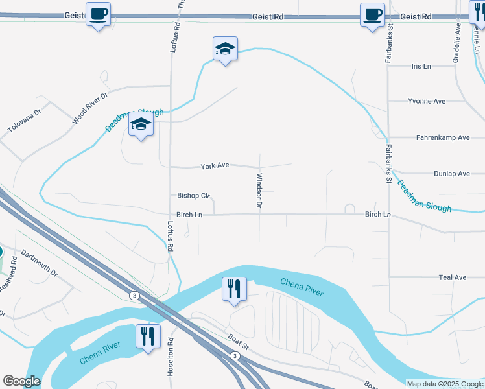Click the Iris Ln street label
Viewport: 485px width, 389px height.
421,66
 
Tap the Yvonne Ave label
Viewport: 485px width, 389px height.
426,101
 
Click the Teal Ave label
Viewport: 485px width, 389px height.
453,277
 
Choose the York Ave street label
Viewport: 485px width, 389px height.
215,166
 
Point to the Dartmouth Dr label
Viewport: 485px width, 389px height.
39,263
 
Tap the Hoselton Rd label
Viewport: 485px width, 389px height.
171,354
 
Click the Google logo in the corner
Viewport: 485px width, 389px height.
21,381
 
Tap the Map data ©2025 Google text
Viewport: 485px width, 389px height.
444,384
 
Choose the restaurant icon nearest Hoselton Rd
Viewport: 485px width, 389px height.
148,336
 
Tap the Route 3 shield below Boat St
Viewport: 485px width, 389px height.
234,355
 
